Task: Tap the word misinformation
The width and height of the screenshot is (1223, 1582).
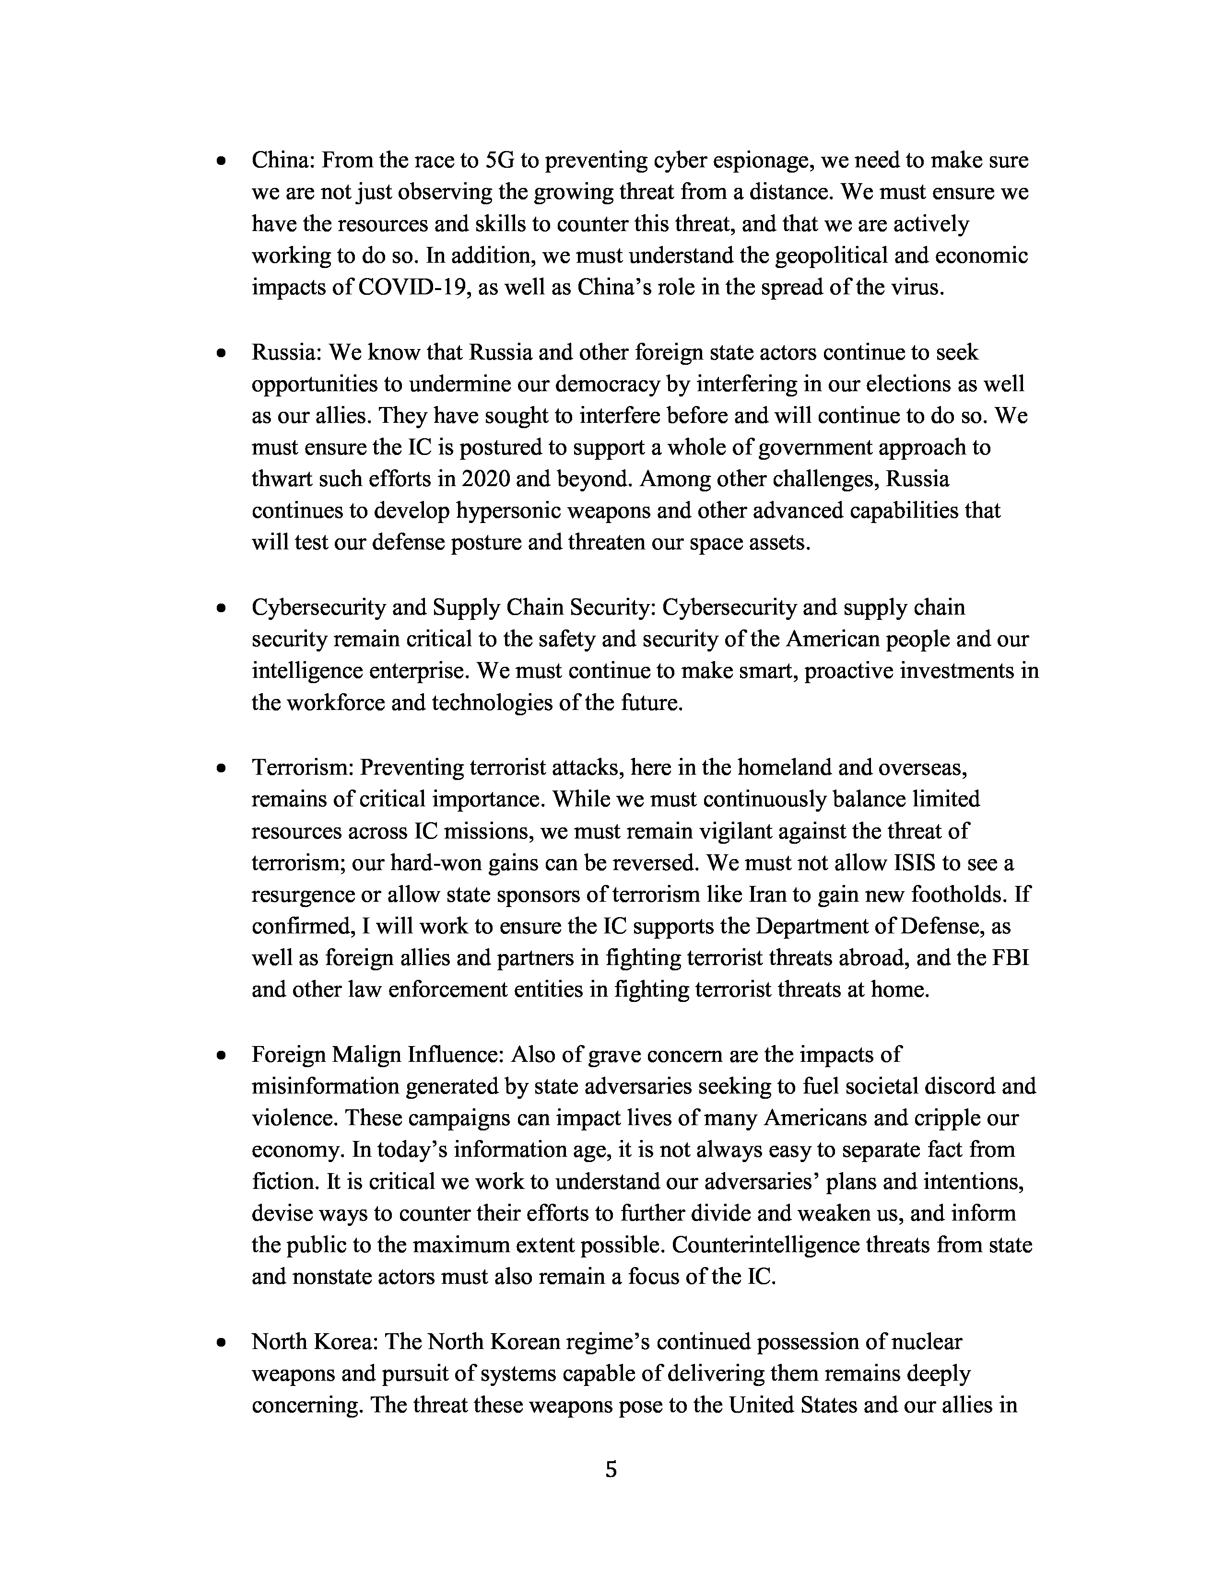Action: coord(324,1086)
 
